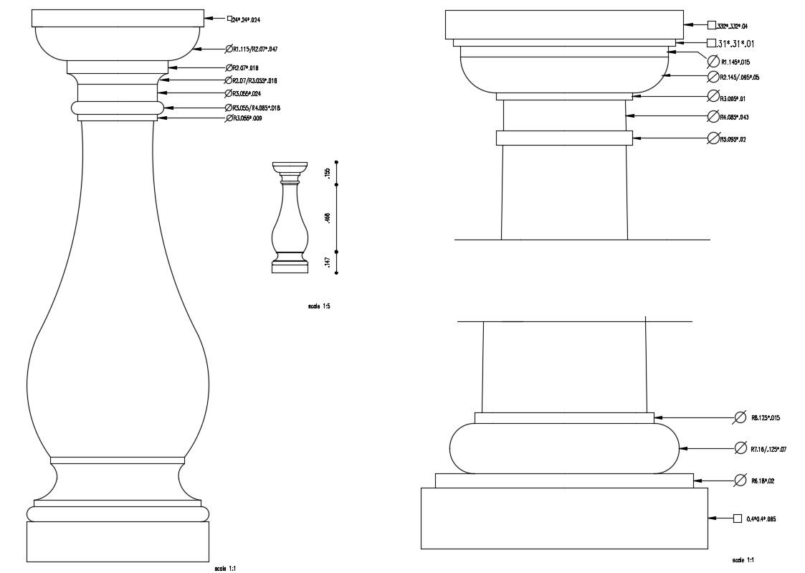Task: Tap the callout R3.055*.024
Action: (247, 93)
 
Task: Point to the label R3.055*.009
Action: (247, 118)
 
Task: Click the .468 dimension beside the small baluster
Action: (327, 218)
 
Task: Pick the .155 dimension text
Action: (327, 173)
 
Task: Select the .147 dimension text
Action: (327, 262)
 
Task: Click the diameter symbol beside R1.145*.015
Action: (713, 61)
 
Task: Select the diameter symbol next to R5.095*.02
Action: (713, 138)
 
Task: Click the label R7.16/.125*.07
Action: (768, 449)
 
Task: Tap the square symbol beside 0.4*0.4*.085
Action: (737, 518)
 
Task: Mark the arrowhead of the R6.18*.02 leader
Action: (697, 480)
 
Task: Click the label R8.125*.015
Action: (765, 417)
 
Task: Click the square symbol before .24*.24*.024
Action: (230, 19)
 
